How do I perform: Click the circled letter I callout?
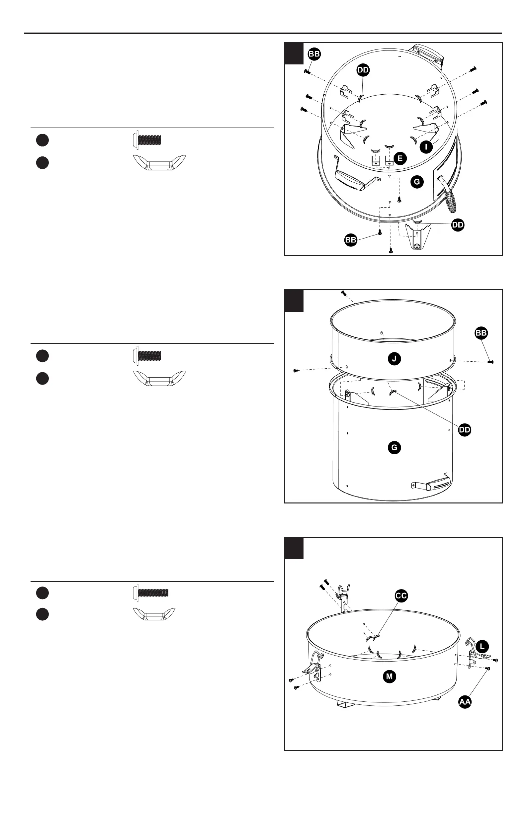coord(426,147)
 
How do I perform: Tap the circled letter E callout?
coord(400,158)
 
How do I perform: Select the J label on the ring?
coord(394,359)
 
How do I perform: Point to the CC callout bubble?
coord(401,596)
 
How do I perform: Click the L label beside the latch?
coord(482,647)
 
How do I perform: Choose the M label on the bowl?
coord(390,677)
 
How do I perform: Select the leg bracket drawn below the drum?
coord(417,236)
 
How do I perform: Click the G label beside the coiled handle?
coord(417,182)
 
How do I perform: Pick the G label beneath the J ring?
coord(394,447)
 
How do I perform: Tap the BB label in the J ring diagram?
coord(481,333)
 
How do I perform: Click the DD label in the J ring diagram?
coord(465,430)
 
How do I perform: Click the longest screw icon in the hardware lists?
coord(150,593)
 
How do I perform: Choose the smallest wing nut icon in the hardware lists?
coord(154,614)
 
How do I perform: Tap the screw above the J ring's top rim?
coord(344,294)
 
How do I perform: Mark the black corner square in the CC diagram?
coord(294,548)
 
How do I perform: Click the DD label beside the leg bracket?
coord(458,225)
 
